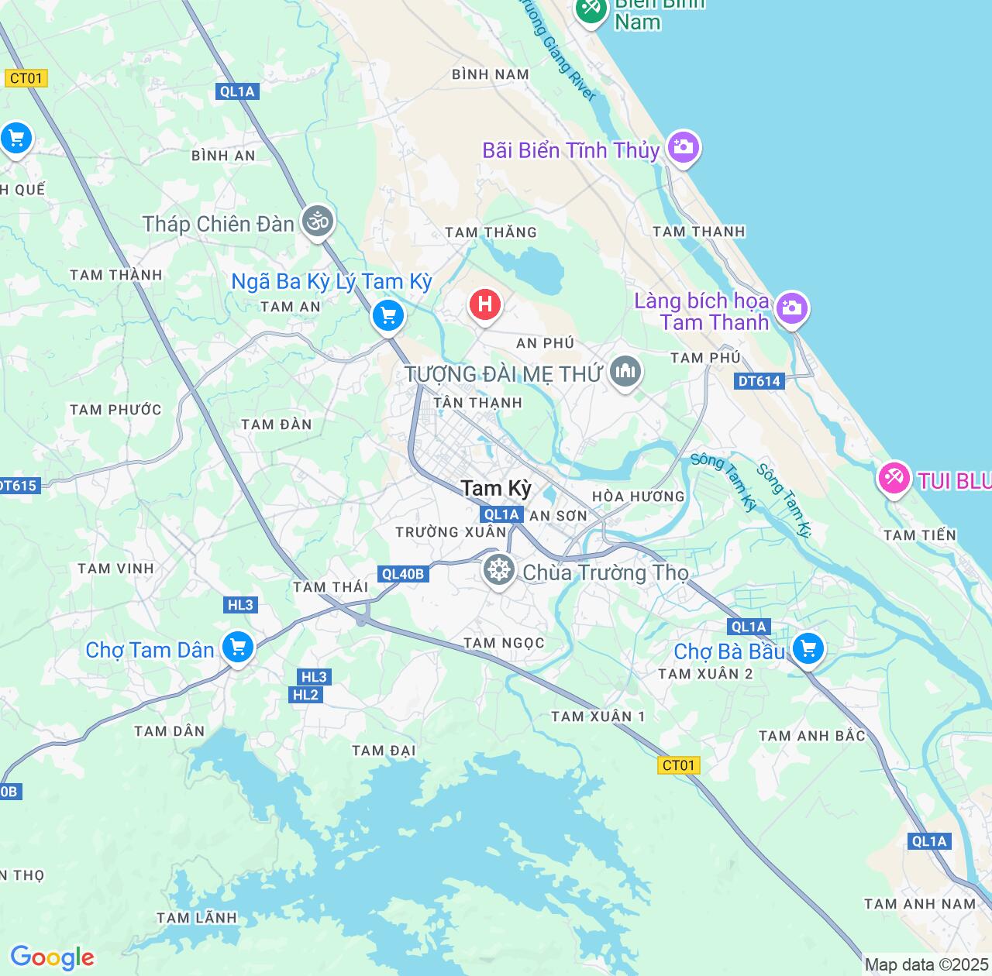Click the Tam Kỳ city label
point(496,488)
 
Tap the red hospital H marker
point(485,304)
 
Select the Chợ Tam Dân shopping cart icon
point(238,647)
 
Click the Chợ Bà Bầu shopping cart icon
point(808,648)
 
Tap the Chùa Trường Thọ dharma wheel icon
point(499,571)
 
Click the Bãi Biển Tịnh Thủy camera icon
point(683,146)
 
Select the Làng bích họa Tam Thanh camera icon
point(791,308)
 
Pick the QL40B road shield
point(404,574)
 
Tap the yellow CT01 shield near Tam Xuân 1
point(679,765)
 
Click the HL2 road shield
point(306,695)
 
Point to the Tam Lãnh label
point(196,918)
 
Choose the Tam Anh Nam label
point(920,904)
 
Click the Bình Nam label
point(491,74)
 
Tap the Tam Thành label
point(116,275)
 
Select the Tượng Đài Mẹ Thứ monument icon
point(625,373)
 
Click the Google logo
point(52,957)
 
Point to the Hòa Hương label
point(638,497)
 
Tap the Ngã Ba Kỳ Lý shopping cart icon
point(388,315)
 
